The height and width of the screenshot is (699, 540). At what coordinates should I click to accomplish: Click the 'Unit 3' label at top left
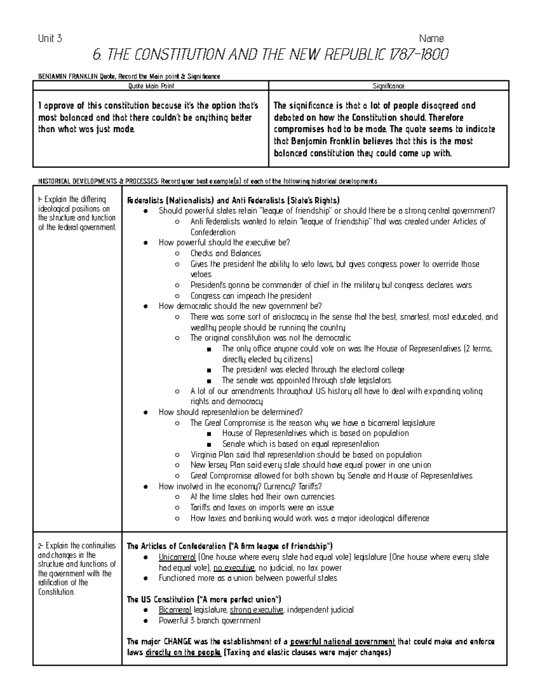[x=50, y=39]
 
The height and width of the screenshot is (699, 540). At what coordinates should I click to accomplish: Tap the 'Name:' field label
[x=432, y=39]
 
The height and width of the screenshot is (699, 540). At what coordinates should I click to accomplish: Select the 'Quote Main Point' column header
[x=151, y=86]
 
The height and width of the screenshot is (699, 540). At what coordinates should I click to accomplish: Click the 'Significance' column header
[x=388, y=86]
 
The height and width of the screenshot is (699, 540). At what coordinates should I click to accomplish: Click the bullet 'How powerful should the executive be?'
[x=224, y=243]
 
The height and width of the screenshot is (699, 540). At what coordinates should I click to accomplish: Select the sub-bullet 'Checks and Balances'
[x=225, y=253]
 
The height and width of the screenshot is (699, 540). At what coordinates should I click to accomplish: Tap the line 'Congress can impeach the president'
[x=251, y=296]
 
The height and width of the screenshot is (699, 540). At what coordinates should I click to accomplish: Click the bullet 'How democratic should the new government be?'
[x=240, y=306]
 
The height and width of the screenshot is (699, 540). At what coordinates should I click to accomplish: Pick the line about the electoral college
[x=313, y=370]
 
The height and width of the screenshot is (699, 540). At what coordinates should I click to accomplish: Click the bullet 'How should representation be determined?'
[x=230, y=412]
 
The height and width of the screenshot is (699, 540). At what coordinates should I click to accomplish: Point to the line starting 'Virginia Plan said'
[x=306, y=455]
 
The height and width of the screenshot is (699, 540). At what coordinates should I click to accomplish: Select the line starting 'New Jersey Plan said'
[x=310, y=465]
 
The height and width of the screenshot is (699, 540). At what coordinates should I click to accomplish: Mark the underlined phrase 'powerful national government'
[x=342, y=641]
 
